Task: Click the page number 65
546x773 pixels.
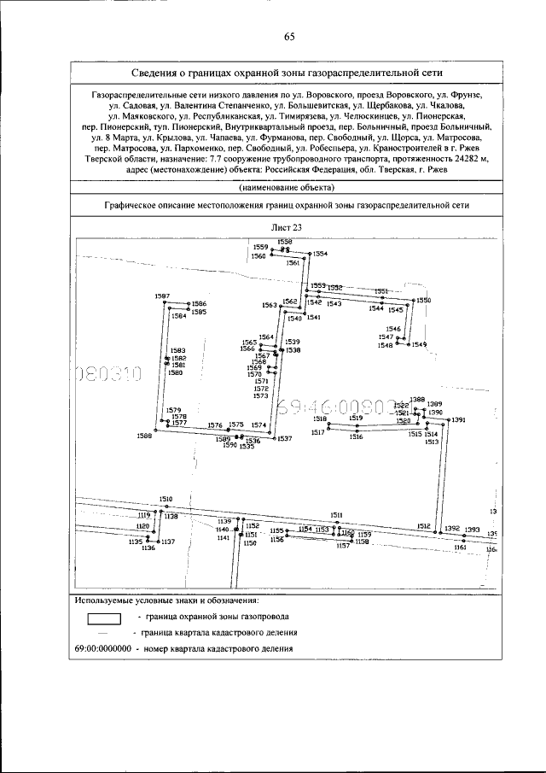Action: click(289, 36)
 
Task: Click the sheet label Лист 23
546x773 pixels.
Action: click(289, 227)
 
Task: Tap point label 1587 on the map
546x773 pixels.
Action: click(162, 296)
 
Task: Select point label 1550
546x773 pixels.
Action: click(424, 301)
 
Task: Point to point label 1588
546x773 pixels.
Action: click(144, 436)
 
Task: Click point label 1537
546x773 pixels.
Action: click(285, 438)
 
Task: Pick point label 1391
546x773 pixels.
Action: click(459, 420)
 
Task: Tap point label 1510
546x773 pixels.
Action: click(166, 498)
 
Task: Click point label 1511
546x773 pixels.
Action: click(337, 514)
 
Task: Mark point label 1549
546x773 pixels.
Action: click(419, 344)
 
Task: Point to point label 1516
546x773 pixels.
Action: click(357, 436)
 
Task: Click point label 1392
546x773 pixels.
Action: click(452, 529)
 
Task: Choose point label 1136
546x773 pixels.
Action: click(148, 548)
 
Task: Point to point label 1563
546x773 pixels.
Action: click(270, 305)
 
